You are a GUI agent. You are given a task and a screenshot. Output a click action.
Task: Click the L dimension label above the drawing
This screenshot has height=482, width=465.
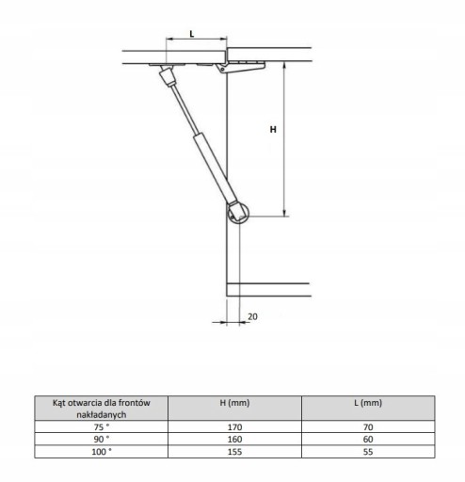pyautogui.click(x=192, y=34)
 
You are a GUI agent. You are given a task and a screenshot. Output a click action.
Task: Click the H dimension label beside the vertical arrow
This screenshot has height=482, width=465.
pyautogui.click(x=273, y=129)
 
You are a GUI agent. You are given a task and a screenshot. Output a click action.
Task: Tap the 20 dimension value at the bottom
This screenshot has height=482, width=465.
pyautogui.click(x=252, y=316)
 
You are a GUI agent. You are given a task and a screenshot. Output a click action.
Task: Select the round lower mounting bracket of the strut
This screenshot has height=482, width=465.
pyautogui.click(x=238, y=213)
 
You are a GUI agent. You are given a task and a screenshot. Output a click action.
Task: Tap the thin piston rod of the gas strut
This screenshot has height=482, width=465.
pyautogui.click(x=184, y=109)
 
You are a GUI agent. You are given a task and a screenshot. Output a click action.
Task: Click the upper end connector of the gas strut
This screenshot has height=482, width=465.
pyautogui.click(x=168, y=75)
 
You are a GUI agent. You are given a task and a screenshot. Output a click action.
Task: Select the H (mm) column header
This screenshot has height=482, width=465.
pyautogui.click(x=234, y=403)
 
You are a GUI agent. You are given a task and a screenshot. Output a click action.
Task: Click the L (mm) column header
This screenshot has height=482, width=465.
pyautogui.click(x=368, y=403)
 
